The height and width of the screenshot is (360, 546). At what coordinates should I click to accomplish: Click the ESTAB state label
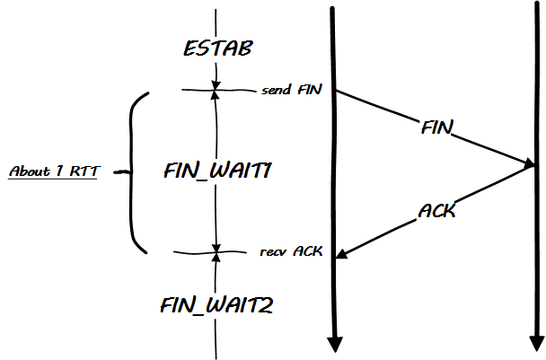(x=216, y=49)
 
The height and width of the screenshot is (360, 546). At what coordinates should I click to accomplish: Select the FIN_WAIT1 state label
(x=216, y=170)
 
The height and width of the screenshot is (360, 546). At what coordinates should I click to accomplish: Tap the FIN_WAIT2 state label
(x=216, y=304)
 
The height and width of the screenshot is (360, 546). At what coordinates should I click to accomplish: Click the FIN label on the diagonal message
(x=436, y=127)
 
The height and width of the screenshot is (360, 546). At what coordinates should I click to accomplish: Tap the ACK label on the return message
(x=436, y=212)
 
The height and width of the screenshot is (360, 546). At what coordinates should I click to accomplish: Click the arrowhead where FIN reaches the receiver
(x=528, y=162)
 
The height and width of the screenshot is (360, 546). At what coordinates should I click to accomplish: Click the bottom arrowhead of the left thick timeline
(x=334, y=344)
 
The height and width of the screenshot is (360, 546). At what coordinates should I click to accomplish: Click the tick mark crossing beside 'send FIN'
(x=216, y=89)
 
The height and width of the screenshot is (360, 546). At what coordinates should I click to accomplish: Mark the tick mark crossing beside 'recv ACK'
(x=216, y=253)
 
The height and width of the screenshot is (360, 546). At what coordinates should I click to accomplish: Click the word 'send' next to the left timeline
(x=276, y=91)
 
